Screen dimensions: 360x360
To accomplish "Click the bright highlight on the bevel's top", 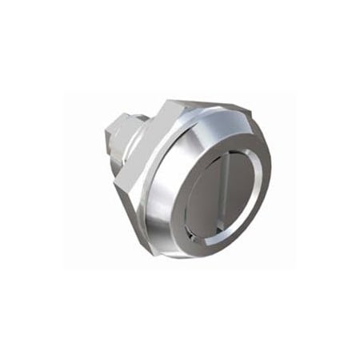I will click(204, 120).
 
